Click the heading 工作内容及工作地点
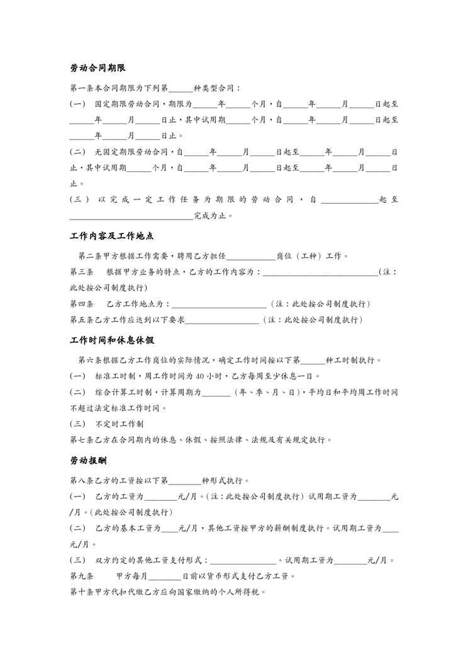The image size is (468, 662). [x=112, y=237]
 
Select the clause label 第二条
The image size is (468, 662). [x=89, y=256]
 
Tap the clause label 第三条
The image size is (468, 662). [x=81, y=272]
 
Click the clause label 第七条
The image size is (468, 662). [x=81, y=440]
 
